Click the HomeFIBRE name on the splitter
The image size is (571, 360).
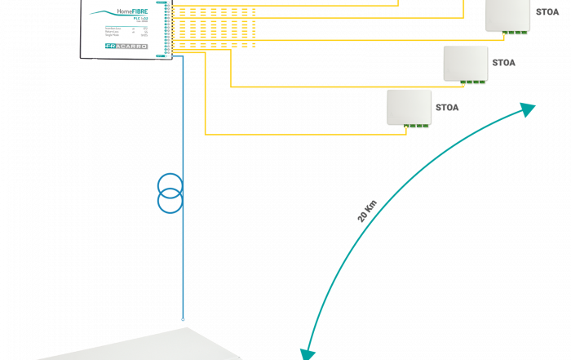point(132,11)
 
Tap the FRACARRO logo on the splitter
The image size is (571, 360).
point(126,47)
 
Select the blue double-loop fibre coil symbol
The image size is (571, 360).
point(170,193)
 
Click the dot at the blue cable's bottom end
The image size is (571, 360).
point(183,319)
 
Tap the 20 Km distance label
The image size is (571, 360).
point(367,211)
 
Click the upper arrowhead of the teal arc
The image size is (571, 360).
point(529,109)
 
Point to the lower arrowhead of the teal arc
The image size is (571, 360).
point(308,353)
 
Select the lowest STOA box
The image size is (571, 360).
point(409,107)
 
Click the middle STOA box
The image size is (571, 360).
point(465,64)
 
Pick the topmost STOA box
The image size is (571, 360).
point(507,15)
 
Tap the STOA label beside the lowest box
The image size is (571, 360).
point(447,107)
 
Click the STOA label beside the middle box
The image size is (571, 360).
point(503,63)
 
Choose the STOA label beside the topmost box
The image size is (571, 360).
point(547,12)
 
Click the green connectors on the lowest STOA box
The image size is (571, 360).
point(416,126)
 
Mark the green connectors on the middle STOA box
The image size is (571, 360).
point(472,82)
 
